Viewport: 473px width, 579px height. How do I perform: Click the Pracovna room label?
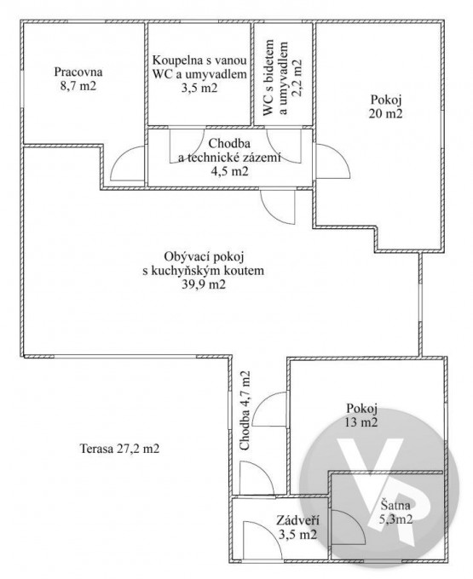78,72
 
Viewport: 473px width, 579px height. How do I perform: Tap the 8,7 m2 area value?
78,86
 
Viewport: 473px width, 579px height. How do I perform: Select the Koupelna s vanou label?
199,60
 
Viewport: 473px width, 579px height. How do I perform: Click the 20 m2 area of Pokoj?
386,113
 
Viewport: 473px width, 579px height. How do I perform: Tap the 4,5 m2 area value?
229,172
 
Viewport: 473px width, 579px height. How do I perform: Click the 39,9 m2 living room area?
204,284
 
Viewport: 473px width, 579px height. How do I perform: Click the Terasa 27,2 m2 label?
119,449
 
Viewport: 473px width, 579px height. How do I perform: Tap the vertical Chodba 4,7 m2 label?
245,410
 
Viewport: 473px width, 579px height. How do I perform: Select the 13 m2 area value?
362,422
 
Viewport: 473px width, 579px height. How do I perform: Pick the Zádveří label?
297,520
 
